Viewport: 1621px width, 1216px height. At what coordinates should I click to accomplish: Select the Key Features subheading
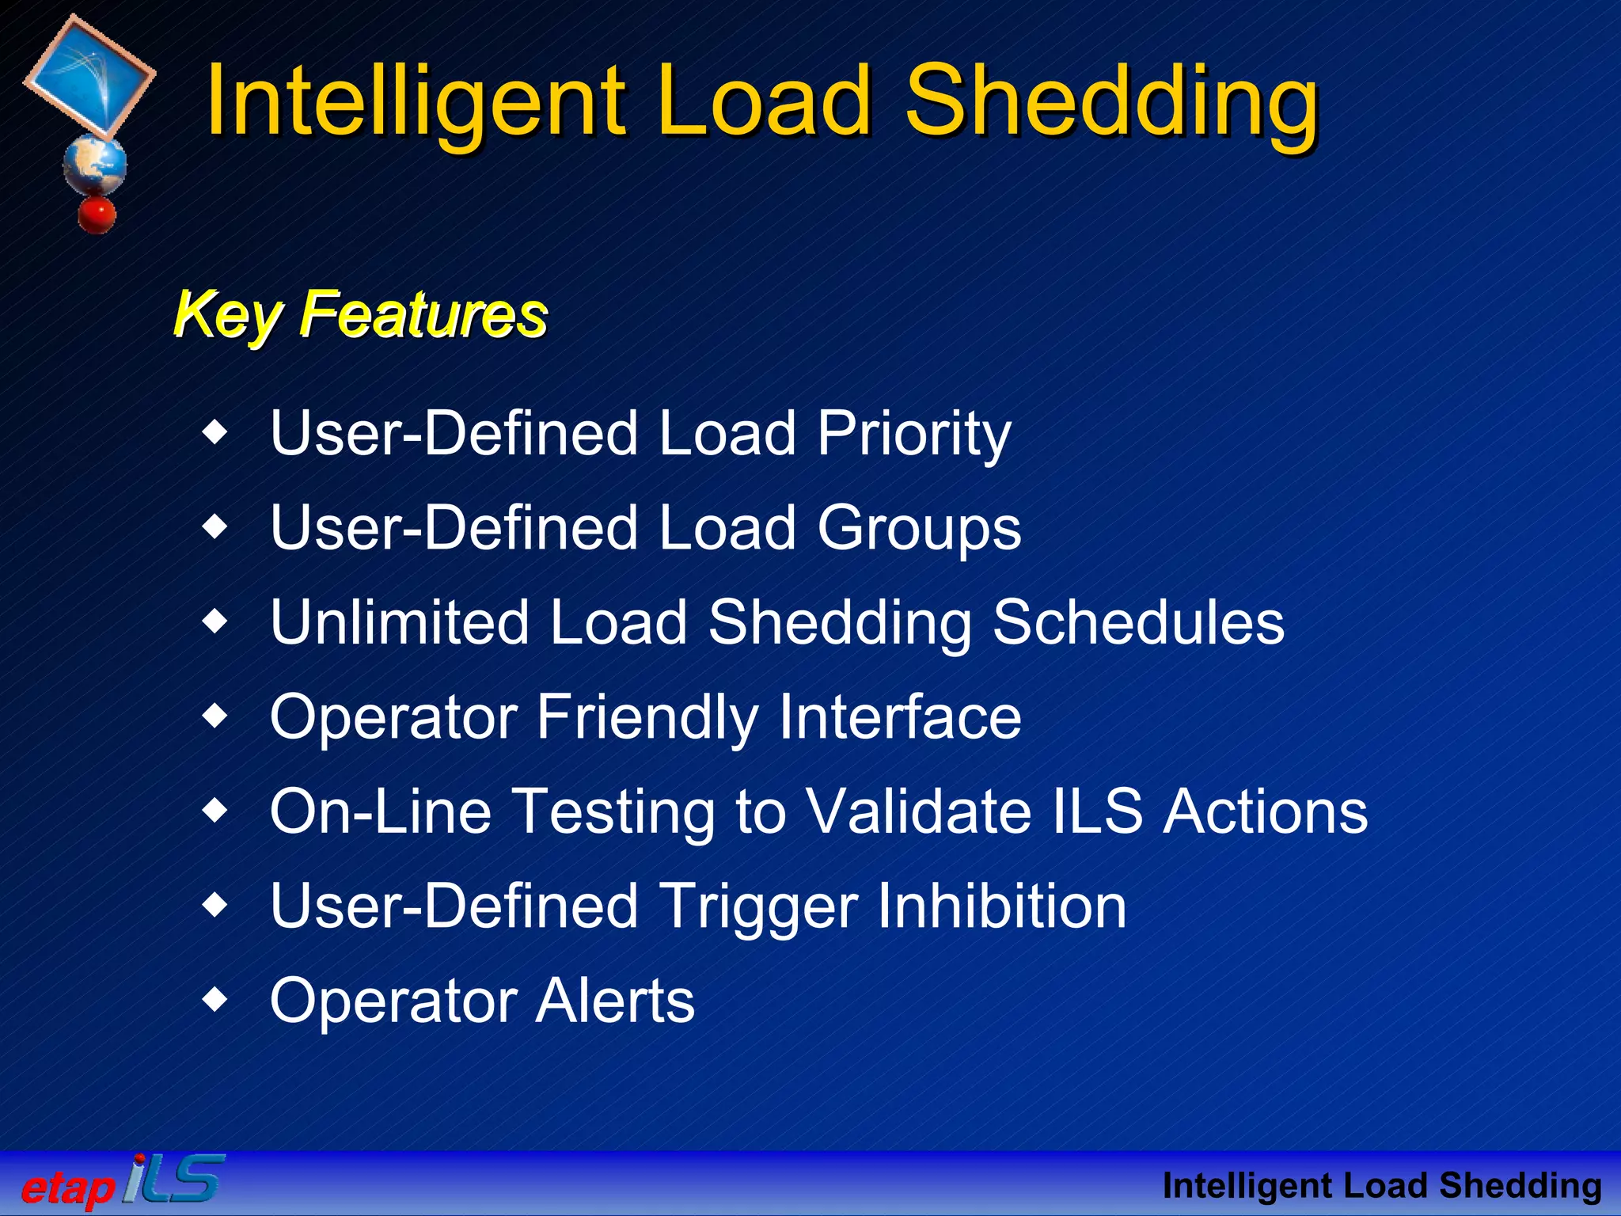pos(360,314)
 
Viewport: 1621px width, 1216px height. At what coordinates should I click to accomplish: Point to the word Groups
pos(919,529)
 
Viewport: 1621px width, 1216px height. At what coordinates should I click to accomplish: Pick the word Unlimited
pos(398,622)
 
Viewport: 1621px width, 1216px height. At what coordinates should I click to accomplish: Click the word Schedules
pos(1137,622)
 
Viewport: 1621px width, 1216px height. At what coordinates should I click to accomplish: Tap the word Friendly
pos(647,717)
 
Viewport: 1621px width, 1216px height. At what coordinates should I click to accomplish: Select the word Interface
pos(900,717)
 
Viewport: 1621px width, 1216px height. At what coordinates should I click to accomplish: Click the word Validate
pos(918,811)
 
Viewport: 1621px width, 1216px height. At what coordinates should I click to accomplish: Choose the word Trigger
pos(758,907)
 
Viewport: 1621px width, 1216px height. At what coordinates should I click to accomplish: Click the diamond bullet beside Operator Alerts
pos(214,1000)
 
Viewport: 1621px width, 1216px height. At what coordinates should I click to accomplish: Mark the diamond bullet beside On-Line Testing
pos(214,811)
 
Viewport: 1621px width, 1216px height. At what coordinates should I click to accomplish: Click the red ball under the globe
pos(97,215)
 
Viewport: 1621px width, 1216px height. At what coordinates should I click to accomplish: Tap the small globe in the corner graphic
pos(95,165)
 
